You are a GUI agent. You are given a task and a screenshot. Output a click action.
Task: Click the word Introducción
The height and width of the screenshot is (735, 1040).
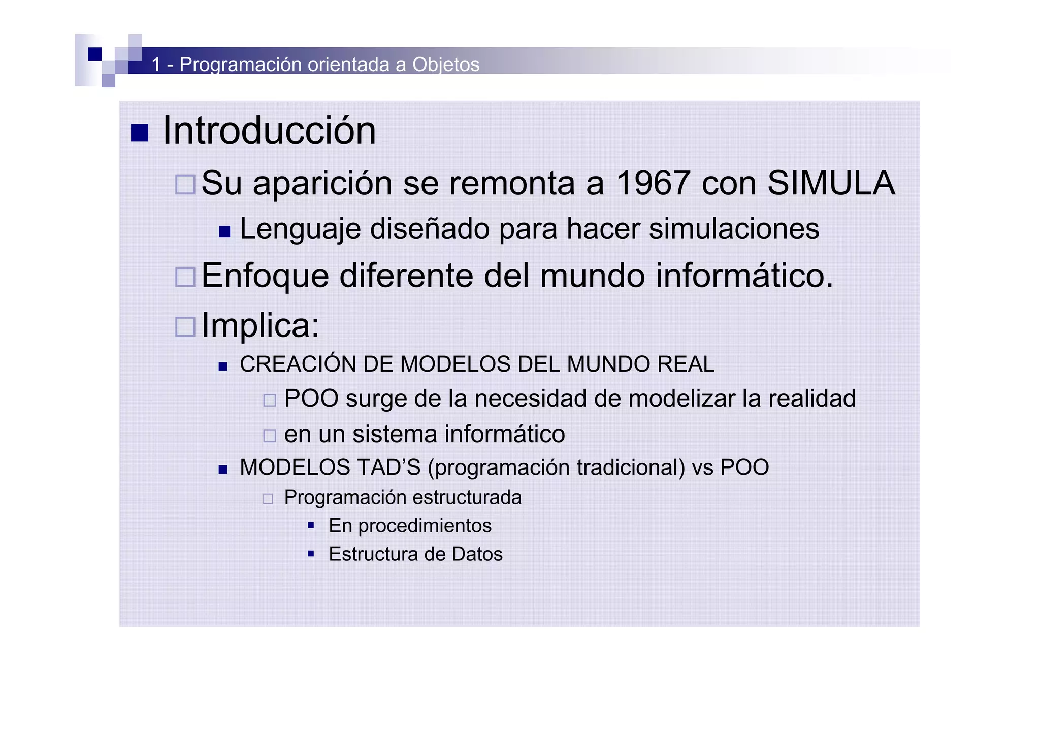click(x=269, y=130)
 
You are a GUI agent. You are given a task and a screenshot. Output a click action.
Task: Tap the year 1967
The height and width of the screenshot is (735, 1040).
click(x=653, y=183)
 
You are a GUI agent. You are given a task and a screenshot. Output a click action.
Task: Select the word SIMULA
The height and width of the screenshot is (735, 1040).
click(x=831, y=183)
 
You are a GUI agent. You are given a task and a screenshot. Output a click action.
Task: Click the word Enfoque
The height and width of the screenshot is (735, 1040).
click(x=265, y=276)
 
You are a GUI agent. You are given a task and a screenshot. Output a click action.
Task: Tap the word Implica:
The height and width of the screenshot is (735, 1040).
click(x=261, y=325)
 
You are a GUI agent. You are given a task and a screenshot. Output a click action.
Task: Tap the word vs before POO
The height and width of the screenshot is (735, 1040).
click(x=703, y=467)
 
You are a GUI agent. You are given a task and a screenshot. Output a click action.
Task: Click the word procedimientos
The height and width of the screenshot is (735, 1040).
click(x=425, y=526)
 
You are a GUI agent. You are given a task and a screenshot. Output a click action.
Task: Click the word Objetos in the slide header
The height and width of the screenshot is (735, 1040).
click(x=445, y=64)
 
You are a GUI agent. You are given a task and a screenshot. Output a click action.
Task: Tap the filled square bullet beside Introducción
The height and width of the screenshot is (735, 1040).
click(x=140, y=133)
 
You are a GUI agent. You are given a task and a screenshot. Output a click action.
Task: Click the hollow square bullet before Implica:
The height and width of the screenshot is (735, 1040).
click(x=185, y=326)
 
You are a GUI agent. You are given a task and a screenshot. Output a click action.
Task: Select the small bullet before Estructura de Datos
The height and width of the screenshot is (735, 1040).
click(x=311, y=554)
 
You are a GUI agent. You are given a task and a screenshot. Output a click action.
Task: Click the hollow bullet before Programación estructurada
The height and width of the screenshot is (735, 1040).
click(x=268, y=498)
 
